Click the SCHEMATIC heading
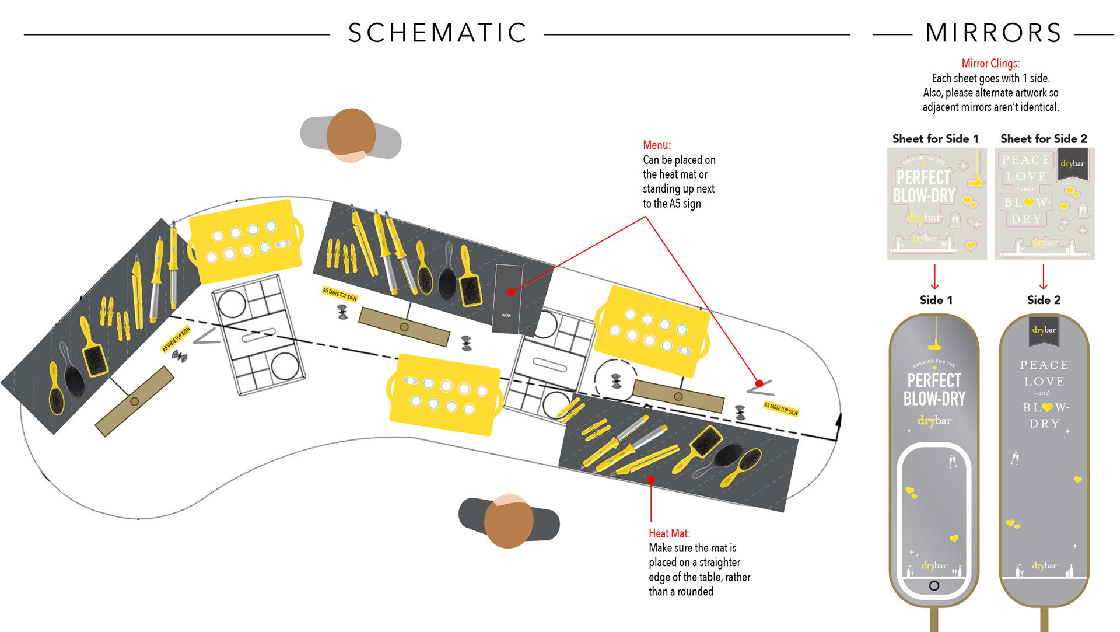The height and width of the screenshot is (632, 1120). click(x=437, y=33)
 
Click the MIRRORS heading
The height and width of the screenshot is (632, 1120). click(x=993, y=33)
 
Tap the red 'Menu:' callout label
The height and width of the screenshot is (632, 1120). click(x=657, y=145)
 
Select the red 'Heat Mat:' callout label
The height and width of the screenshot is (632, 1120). click(x=669, y=533)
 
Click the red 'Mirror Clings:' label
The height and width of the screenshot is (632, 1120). click(x=991, y=63)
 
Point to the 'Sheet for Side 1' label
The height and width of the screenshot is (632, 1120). click(x=935, y=139)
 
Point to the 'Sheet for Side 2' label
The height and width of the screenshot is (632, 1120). click(x=1044, y=139)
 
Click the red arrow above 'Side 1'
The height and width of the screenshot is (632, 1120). click(x=935, y=277)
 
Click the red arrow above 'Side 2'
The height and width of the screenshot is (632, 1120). click(x=1044, y=277)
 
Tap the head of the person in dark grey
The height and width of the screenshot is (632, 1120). click(x=509, y=521)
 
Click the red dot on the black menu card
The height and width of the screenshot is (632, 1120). click(x=511, y=292)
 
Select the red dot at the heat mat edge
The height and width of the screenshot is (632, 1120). click(x=651, y=480)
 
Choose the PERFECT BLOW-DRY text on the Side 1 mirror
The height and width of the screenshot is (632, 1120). click(x=934, y=390)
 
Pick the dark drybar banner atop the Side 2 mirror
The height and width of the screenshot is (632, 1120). click(x=1044, y=330)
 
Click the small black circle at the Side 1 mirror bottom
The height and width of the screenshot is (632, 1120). click(x=934, y=585)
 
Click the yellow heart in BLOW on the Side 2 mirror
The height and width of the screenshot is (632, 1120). click(x=1047, y=407)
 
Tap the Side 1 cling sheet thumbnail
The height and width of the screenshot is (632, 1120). click(x=937, y=203)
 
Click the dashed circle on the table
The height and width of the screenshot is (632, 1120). click(x=615, y=380)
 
